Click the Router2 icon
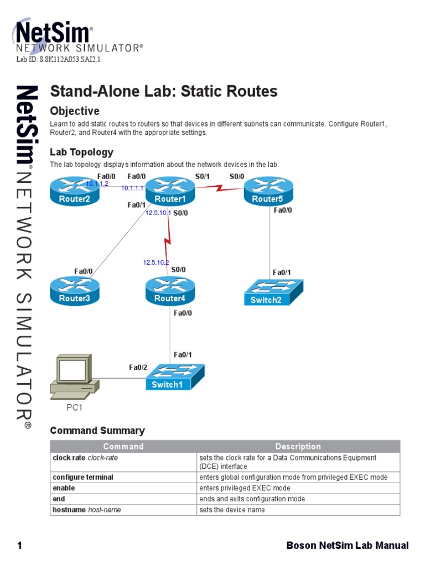click(x=75, y=191)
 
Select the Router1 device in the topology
click(x=169, y=191)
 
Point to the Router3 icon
click(x=75, y=291)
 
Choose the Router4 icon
click(x=169, y=291)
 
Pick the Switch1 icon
click(x=175, y=377)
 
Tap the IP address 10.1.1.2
click(x=97, y=183)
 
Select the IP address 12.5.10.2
click(x=156, y=262)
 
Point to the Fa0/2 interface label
click(x=138, y=367)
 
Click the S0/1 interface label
click(x=203, y=176)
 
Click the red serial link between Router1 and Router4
click(x=168, y=242)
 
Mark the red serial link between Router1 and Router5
click(x=220, y=188)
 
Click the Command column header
click(x=123, y=446)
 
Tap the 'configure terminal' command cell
click(x=83, y=477)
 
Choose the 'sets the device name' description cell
click(x=232, y=510)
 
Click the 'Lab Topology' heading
click(x=81, y=152)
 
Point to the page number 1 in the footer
click(x=19, y=546)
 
